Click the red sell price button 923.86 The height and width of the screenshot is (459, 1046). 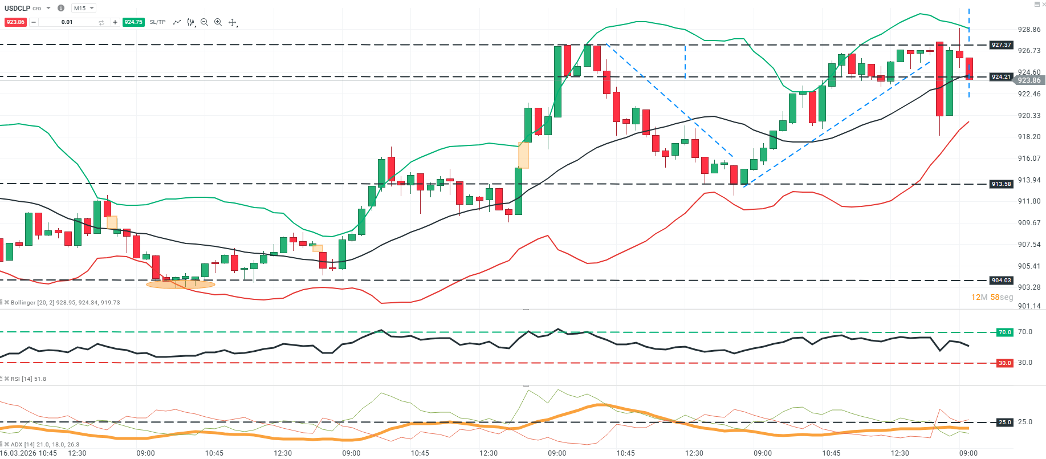click(15, 22)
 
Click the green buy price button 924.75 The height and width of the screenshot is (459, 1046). click(133, 22)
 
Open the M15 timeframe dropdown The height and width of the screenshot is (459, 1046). click(84, 8)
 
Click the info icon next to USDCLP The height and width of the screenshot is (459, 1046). click(61, 8)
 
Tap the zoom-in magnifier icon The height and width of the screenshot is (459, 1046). click(218, 22)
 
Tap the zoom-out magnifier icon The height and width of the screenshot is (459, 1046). click(204, 22)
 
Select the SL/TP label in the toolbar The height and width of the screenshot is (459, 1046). click(157, 22)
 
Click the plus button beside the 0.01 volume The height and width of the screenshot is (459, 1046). click(115, 22)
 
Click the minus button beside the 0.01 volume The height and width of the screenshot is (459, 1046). click(34, 22)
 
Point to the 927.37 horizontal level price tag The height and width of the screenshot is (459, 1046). click(1001, 44)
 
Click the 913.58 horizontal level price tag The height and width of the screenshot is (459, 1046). click(1001, 184)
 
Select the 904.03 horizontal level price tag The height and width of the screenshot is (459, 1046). click(1001, 281)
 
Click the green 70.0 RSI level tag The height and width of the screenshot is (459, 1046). click(1004, 332)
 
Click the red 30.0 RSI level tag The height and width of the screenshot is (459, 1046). click(1004, 363)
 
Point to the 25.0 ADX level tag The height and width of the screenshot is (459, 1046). click(1004, 423)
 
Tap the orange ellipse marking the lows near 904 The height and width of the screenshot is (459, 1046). click(181, 284)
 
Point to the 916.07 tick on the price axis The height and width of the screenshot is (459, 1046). click(1029, 159)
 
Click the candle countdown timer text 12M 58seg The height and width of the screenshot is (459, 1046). click(992, 297)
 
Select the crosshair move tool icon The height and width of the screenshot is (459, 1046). click(233, 22)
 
